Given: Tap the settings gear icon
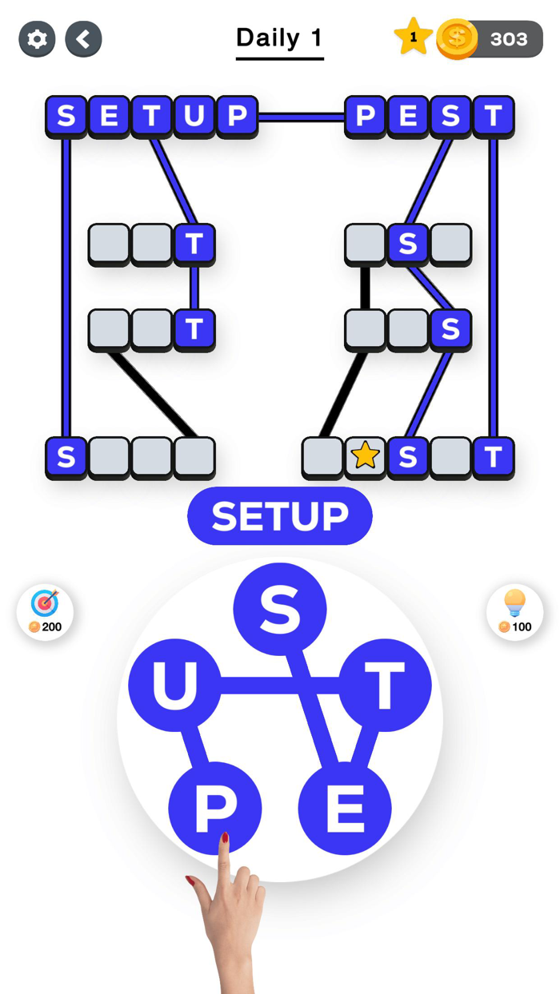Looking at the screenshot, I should (x=37, y=38).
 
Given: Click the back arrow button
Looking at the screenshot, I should (x=83, y=38).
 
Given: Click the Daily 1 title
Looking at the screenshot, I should (x=279, y=38).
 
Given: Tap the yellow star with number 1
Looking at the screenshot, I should (x=413, y=38).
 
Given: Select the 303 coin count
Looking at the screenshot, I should (x=509, y=38).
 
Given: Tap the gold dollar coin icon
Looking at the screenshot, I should (x=457, y=38).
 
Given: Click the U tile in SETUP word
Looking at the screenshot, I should (x=194, y=116).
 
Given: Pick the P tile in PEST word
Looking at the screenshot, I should (x=366, y=116).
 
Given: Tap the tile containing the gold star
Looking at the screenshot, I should (x=365, y=456).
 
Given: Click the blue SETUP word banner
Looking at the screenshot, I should (x=280, y=516).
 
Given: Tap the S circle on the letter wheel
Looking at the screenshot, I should (x=280, y=610).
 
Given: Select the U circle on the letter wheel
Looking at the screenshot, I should (x=174, y=686).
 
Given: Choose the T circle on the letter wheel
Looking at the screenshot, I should (x=385, y=686).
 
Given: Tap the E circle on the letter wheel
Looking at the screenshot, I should (x=345, y=809).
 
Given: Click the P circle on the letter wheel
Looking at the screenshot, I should (x=214, y=809).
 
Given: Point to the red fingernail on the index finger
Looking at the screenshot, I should (x=225, y=838).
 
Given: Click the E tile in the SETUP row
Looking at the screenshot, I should (x=109, y=116).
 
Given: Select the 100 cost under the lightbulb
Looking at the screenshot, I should (x=522, y=627).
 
